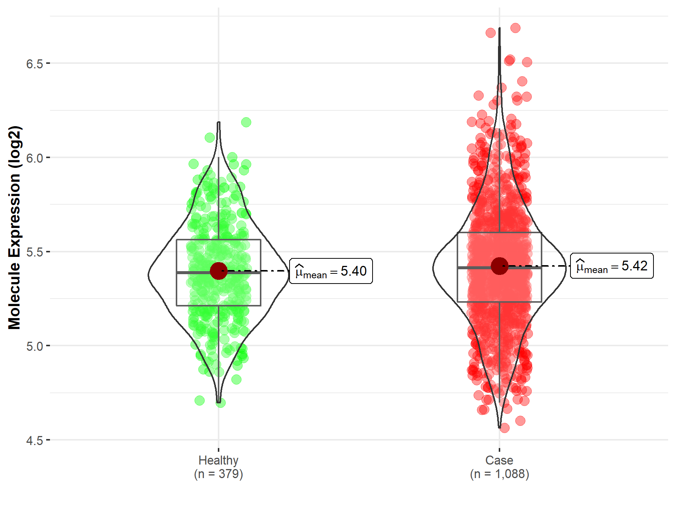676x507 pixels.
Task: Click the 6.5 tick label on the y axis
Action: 35,64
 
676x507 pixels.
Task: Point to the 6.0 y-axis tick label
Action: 35,158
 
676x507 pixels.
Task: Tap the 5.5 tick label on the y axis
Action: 35,252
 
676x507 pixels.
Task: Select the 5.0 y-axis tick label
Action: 35,346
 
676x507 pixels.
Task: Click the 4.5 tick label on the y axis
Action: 35,441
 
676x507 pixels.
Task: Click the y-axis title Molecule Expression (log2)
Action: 14,228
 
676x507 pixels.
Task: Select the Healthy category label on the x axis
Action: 218,460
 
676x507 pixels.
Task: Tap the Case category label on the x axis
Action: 499,460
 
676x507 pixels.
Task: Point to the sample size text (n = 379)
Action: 218,474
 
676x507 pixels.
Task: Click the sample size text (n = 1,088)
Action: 499,474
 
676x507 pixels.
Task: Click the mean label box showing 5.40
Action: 331,271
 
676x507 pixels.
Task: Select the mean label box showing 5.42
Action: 612,266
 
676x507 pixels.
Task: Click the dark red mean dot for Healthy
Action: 219,271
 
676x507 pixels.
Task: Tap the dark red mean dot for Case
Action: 499,266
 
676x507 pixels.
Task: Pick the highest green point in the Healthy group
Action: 246,122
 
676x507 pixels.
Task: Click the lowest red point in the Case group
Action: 504,428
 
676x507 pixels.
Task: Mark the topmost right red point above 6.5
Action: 515,28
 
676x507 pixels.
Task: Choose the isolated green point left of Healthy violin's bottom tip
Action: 199,401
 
